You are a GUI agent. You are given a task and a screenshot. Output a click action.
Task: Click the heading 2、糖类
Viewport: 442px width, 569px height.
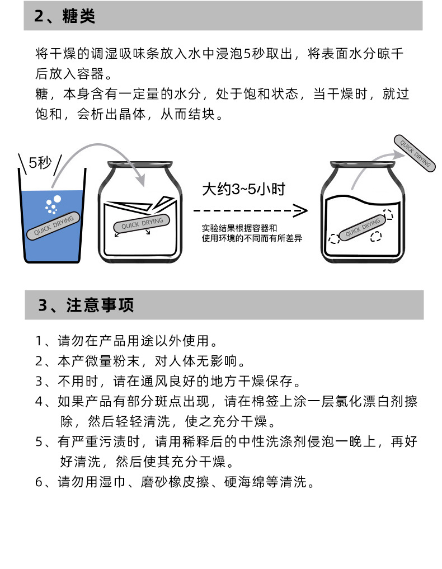65,16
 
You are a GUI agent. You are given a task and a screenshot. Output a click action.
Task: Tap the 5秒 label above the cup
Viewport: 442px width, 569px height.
40,162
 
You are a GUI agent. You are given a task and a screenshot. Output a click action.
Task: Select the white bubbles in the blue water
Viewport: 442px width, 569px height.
52,206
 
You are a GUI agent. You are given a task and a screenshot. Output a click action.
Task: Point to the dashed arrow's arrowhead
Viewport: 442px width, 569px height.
301,211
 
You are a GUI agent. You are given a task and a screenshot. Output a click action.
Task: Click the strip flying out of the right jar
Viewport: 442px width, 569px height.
414,152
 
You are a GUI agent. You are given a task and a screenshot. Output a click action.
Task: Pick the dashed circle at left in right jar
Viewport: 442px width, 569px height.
335,239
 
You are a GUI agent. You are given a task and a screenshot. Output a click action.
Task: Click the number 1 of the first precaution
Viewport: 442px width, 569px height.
39,341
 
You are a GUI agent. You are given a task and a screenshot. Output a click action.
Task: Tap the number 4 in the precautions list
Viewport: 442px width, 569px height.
39,402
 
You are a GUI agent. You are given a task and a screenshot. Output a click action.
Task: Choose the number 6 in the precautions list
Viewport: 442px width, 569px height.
39,482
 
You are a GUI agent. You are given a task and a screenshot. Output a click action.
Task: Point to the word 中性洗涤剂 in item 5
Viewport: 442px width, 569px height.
294,442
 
